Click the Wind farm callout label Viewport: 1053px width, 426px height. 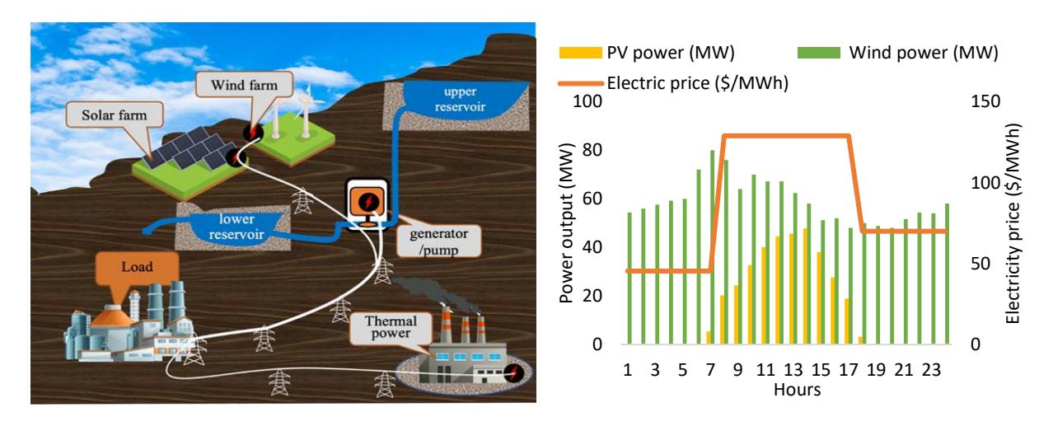click(245, 85)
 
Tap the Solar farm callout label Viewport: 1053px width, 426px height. click(115, 115)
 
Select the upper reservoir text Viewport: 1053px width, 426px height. click(460, 99)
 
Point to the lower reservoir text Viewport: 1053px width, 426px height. click(236, 227)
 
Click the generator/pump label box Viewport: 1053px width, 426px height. click(438, 241)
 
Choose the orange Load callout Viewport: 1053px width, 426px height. click(138, 268)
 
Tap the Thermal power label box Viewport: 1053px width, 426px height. click(391, 328)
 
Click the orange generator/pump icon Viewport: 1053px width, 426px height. click(367, 204)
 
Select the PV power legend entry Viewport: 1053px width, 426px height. click(647, 52)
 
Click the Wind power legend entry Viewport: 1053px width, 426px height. click(898, 52)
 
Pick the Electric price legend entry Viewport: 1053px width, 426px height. click(673, 83)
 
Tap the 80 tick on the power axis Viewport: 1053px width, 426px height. click(592, 150)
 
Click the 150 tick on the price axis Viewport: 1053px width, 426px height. click(985, 101)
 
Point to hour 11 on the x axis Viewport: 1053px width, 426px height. click(765, 370)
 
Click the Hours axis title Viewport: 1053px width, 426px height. click(798, 390)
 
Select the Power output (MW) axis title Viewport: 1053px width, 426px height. click(567, 222)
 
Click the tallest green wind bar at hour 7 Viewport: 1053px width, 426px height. click(712, 247)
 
